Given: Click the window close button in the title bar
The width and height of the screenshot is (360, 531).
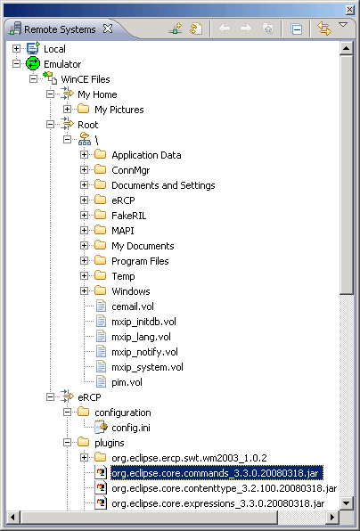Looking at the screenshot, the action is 349,10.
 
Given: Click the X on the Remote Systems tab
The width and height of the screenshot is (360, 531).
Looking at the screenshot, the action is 108,29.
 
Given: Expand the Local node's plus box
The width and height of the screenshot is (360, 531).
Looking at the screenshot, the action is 16,49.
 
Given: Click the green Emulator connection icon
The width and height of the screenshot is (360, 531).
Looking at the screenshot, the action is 33,64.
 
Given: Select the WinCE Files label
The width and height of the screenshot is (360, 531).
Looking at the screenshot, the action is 86,79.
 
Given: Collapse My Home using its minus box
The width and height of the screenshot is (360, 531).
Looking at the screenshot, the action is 50,94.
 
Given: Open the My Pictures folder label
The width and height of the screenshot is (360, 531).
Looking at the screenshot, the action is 119,110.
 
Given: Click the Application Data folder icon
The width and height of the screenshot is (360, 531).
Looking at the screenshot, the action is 100,154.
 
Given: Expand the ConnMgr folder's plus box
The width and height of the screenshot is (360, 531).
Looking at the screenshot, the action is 84,170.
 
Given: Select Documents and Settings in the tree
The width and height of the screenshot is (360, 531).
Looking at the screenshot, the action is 163,185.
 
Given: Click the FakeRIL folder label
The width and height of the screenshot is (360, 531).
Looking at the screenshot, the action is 129,216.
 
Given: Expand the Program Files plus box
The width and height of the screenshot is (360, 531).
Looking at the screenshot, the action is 84,261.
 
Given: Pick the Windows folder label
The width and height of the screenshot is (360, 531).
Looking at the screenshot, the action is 131,291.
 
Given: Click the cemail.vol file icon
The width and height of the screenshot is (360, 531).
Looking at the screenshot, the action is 101,306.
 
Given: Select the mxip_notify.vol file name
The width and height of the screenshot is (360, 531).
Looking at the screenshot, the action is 144,352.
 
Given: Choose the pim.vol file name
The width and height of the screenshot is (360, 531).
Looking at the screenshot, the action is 127,382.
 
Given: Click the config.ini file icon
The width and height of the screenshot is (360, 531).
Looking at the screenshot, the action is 101,428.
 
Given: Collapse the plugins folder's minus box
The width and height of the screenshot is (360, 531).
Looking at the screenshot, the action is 67,443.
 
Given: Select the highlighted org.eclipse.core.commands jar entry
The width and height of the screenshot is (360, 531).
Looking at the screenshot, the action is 217,473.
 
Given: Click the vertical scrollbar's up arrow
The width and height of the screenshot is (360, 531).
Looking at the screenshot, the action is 346,48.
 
